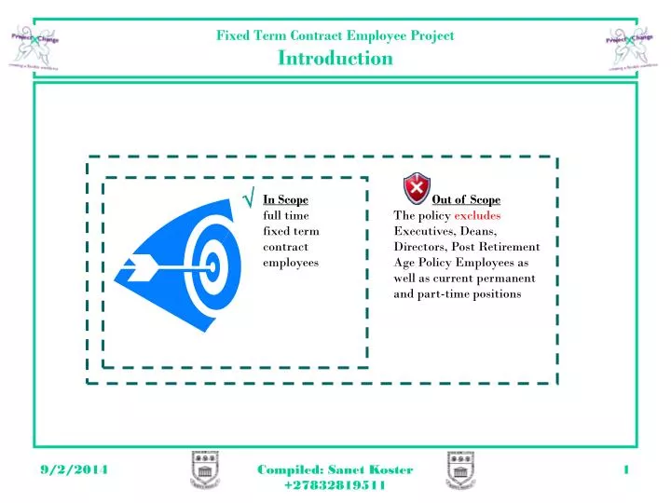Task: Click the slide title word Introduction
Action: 335,59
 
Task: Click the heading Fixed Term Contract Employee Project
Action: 335,35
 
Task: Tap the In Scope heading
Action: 285,199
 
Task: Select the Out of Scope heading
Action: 466,199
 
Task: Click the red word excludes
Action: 477,215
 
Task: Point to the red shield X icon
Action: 416,186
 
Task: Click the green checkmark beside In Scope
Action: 249,197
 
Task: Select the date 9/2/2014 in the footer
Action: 75,470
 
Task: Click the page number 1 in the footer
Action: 626,470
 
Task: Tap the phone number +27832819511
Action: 335,486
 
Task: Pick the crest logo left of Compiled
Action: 205,470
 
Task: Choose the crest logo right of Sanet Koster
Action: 460,470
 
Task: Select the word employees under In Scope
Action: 291,263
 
